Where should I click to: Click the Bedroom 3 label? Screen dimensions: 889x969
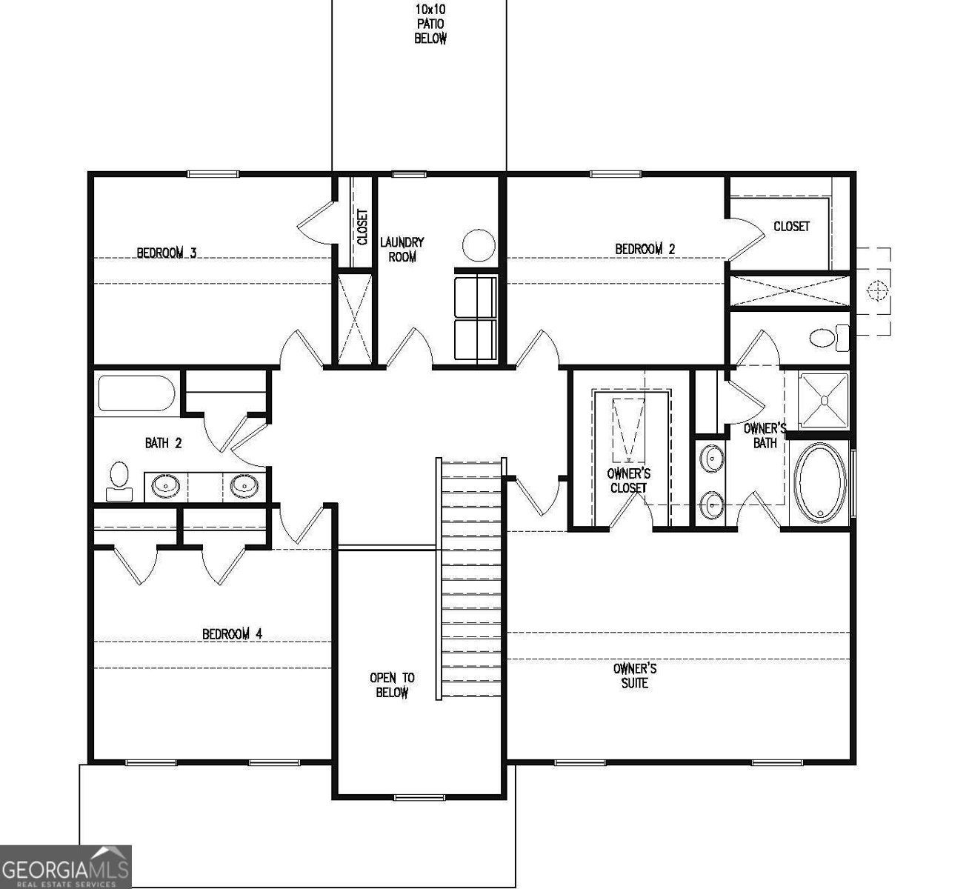pos(166,253)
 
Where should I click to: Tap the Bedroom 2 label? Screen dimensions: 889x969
pos(645,249)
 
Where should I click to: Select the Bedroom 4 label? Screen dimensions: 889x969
pos(232,634)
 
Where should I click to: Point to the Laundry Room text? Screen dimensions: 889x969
pos(402,249)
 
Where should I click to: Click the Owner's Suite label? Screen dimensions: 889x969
pos(634,676)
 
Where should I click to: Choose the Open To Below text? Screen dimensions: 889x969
pos(392,685)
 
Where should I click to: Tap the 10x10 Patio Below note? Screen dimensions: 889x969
pos(430,24)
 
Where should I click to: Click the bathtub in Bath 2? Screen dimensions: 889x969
pos(135,394)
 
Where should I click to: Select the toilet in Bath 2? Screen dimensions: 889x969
pos(119,480)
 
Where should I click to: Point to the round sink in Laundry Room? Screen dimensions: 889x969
pos(479,245)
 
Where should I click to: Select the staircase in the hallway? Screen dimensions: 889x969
pos(471,578)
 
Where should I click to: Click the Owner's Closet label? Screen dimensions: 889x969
pos(628,480)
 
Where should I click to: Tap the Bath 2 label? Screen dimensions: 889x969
pos(163,443)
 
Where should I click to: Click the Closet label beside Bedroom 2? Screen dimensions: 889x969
pos(791,226)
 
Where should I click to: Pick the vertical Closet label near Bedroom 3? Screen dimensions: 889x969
pos(362,227)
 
